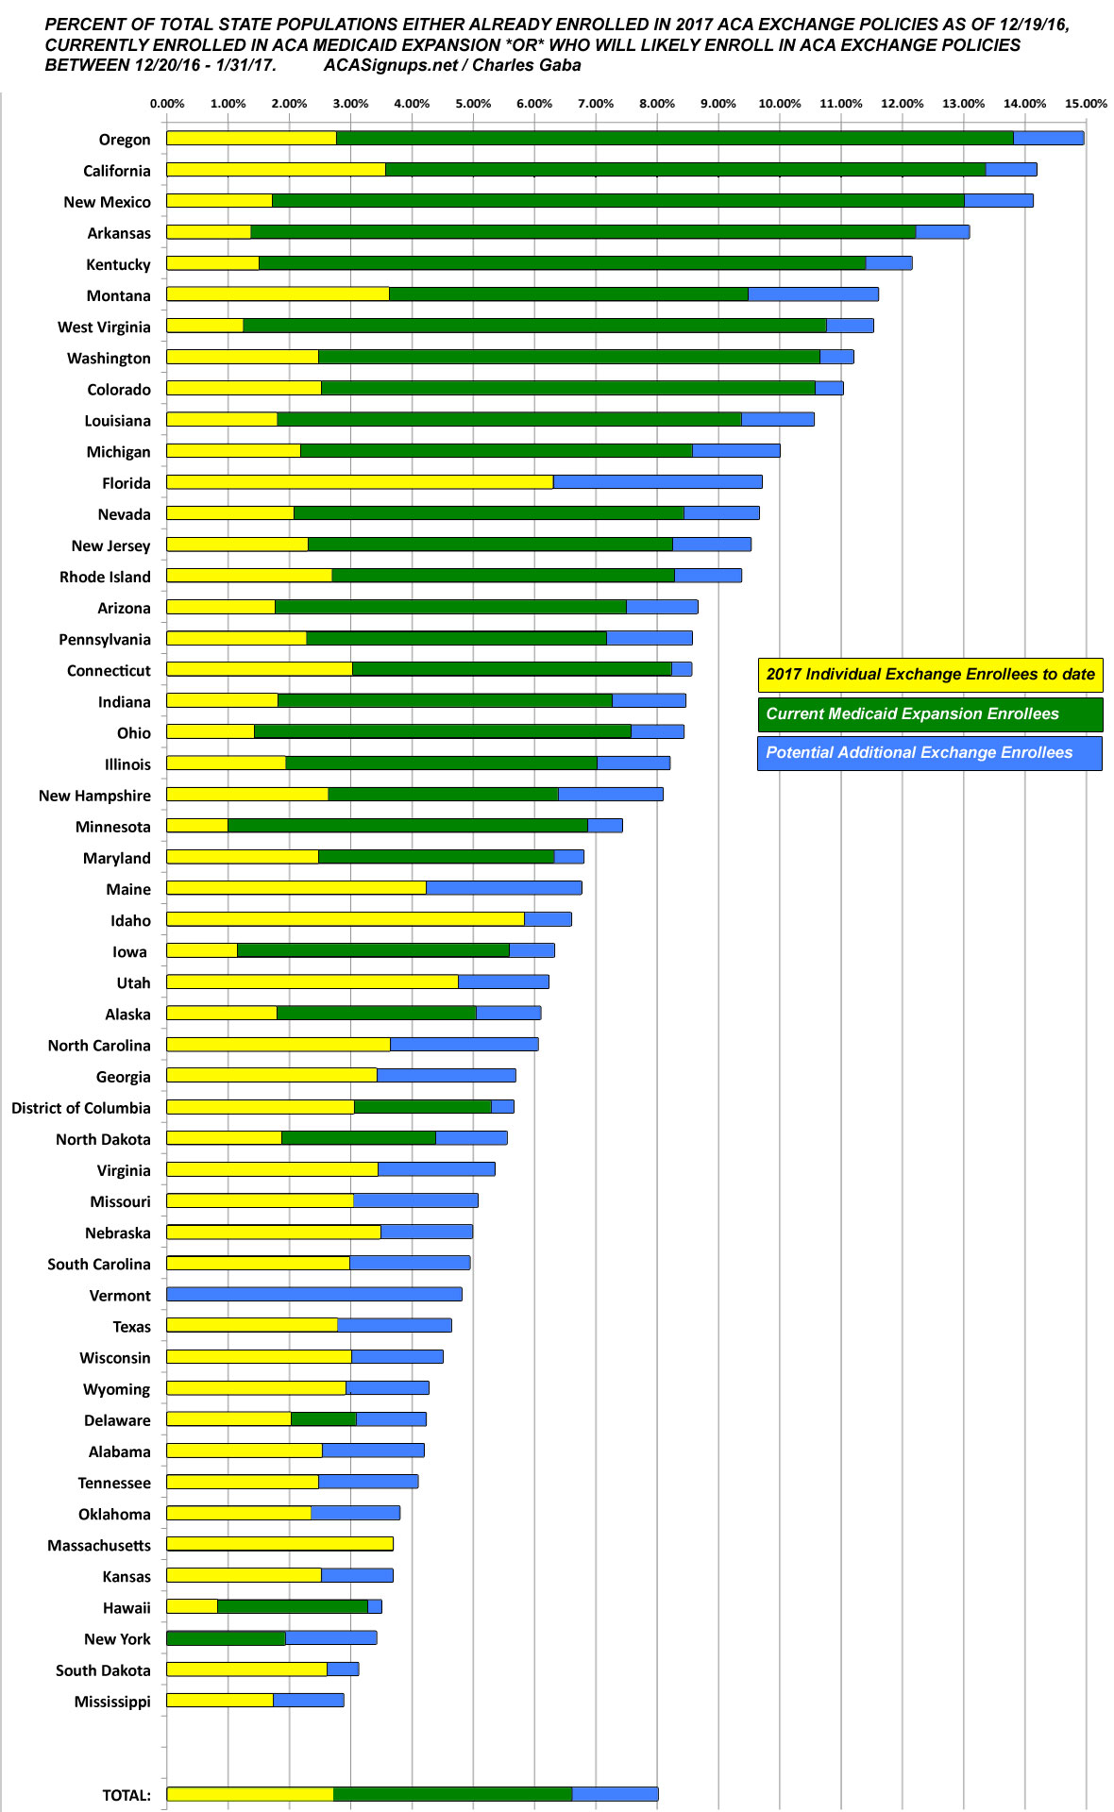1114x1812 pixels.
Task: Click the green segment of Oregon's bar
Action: point(674,138)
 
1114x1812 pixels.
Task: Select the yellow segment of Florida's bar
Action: point(360,482)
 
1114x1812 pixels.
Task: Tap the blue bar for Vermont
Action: point(314,1294)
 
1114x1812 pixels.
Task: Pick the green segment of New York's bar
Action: point(227,1637)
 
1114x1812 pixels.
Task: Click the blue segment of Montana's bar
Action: point(813,294)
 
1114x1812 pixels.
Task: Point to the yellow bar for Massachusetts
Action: point(279,1544)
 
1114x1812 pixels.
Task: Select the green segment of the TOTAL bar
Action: point(452,1793)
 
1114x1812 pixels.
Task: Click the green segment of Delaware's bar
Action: point(324,1418)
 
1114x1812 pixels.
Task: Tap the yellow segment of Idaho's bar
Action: point(346,919)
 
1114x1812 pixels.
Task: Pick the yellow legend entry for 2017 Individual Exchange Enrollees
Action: point(930,674)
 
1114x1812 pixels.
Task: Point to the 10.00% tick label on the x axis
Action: point(780,104)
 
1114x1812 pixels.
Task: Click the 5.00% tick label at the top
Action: point(473,104)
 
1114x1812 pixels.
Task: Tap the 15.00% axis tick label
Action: point(1086,104)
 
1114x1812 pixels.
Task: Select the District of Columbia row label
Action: point(81,1107)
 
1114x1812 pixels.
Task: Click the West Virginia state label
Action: point(104,327)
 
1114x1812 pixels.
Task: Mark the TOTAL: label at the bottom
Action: point(127,1795)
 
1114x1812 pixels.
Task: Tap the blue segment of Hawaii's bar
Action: point(375,1606)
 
